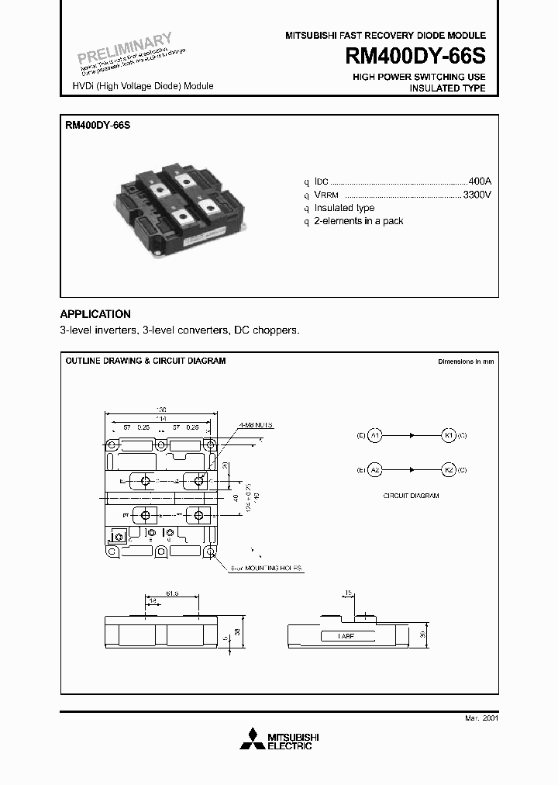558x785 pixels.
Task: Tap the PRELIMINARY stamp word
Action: click(x=124, y=48)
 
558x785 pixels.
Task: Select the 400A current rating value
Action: click(x=480, y=181)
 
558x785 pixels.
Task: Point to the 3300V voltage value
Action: click(x=477, y=195)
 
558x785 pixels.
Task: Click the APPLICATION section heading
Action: click(x=95, y=314)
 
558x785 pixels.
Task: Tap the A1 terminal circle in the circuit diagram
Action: click(x=375, y=436)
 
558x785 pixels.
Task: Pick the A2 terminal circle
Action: click(x=375, y=470)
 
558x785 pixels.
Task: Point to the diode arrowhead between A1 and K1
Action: click(x=412, y=436)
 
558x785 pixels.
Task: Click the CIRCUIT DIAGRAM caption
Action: click(x=411, y=495)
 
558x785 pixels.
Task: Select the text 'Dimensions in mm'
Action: click(x=465, y=361)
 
